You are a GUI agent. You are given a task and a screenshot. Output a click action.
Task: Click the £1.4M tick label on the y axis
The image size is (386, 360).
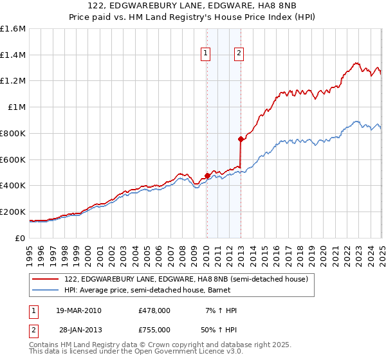coord(13,55)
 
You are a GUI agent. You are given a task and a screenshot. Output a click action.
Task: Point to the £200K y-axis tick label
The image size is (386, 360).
coord(13,212)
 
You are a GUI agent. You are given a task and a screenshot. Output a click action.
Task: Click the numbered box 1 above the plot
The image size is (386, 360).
coord(206,54)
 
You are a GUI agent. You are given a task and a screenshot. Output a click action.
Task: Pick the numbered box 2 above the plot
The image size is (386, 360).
coord(239,54)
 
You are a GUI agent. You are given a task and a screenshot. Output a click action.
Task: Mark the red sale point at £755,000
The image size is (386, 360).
coord(241,139)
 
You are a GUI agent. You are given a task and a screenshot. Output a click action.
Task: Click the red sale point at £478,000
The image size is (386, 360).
coord(207,175)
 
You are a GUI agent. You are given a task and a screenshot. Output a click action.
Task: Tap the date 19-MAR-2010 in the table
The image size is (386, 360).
coord(79,310)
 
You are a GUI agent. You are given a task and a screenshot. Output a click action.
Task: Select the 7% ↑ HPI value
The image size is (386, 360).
coord(221,310)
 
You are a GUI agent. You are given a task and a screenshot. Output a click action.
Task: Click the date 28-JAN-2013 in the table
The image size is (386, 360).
coord(79,328)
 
